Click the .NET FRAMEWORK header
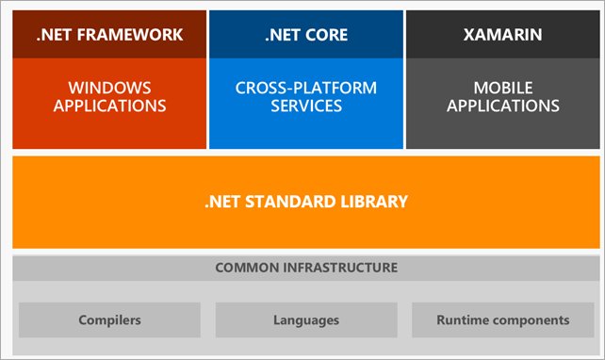click(x=109, y=36)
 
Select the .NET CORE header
click(x=306, y=36)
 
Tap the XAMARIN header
click(x=502, y=36)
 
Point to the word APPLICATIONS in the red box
click(x=109, y=106)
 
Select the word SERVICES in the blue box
click(x=306, y=106)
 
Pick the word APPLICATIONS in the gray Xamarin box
click(x=502, y=106)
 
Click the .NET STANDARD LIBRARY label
click(x=306, y=202)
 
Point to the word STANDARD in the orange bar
click(x=295, y=202)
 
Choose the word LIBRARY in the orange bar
click(x=374, y=202)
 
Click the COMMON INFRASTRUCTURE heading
click(x=306, y=268)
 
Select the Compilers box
click(x=109, y=320)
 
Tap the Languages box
click(x=306, y=320)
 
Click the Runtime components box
click(x=502, y=320)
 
